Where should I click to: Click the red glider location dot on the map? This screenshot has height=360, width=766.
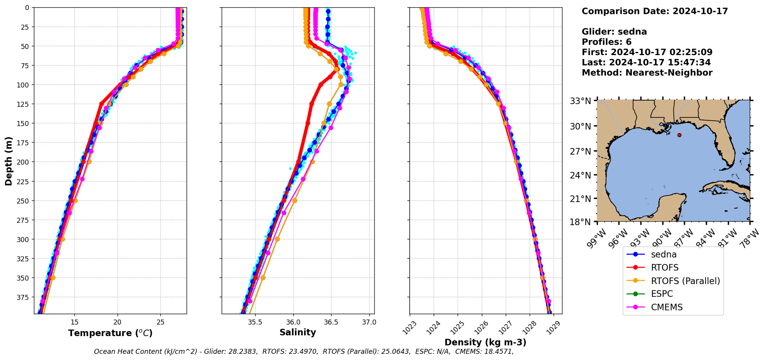pyautogui.click(x=679, y=135)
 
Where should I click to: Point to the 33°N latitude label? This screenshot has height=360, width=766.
pyautogui.click(x=581, y=101)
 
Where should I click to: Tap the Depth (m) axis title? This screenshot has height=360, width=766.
pyautogui.click(x=8, y=161)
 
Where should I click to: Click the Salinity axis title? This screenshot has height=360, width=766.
pyautogui.click(x=298, y=333)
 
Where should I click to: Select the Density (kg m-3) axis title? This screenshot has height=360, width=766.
pyautogui.click(x=485, y=342)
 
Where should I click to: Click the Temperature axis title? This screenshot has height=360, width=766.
pyautogui.click(x=110, y=333)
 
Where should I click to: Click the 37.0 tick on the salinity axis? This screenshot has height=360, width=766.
pyautogui.click(x=369, y=322)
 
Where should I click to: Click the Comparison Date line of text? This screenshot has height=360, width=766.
pyautogui.click(x=655, y=11)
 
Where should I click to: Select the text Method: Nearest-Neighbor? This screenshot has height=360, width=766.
pyautogui.click(x=647, y=73)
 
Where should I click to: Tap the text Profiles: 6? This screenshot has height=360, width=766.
pyautogui.click(x=606, y=42)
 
